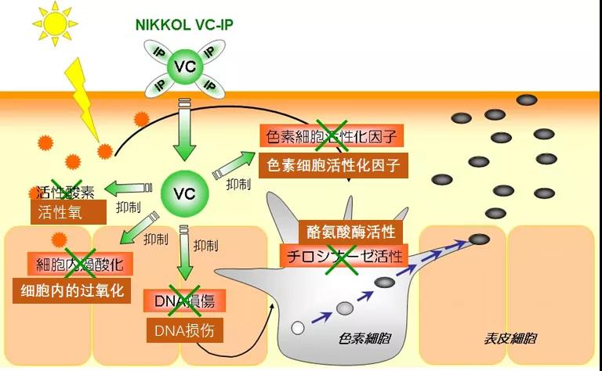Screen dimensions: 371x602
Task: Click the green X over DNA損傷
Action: pos(187,301)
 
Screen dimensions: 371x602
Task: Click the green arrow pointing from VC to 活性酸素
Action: pos(129,188)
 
